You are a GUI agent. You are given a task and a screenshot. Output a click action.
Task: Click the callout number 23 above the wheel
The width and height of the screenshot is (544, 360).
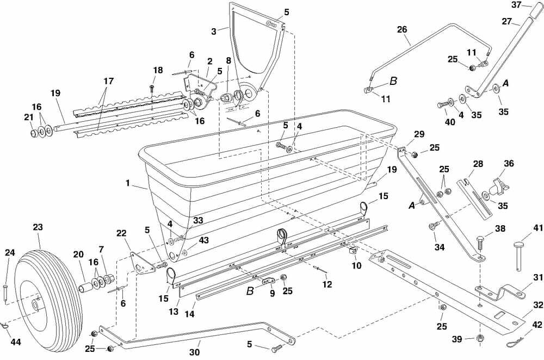coord(38,228)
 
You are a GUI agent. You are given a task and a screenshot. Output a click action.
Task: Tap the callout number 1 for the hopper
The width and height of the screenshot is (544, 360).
coord(128,183)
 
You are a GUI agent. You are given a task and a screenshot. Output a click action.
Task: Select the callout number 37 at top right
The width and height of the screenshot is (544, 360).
coord(516,5)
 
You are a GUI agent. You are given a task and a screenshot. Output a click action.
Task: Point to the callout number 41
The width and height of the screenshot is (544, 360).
coord(522,229)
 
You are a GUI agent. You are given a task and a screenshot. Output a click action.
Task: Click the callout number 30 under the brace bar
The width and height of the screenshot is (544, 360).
coord(194,352)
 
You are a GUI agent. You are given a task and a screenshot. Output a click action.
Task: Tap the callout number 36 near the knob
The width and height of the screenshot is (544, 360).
coord(509,163)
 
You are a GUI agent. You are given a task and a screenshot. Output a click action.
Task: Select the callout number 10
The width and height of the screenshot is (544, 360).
coord(356,266)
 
